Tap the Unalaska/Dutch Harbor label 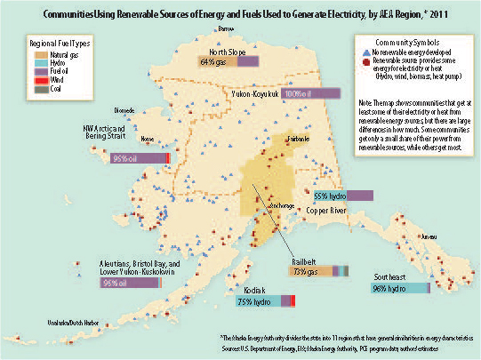[x=73, y=329]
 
